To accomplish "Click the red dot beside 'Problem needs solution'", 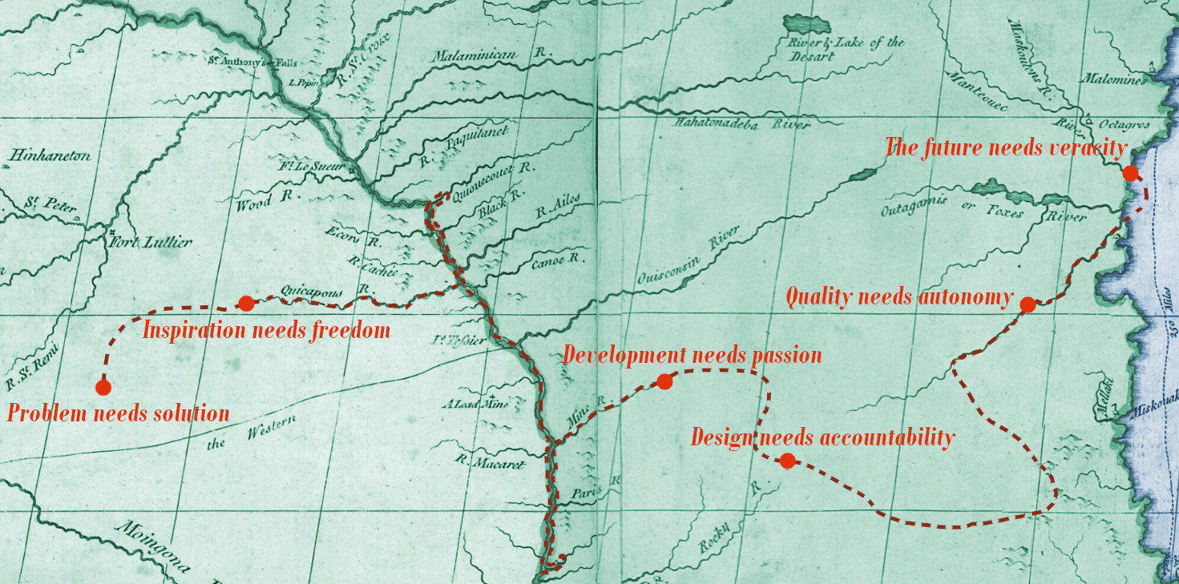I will tap(103, 388).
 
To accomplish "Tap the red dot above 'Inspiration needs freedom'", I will tap(246, 303).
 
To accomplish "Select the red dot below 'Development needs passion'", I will tap(664, 381).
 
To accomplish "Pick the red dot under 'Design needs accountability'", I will tap(787, 461).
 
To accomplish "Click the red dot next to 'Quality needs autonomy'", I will tap(1028, 304).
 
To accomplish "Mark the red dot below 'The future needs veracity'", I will tap(1130, 173).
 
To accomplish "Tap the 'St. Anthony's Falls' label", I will tap(241, 62).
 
